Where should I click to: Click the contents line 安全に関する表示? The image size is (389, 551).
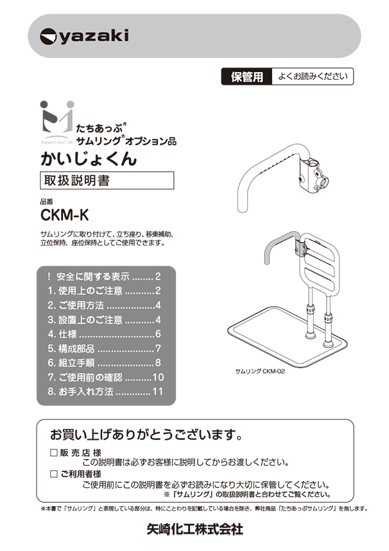pos(94,276)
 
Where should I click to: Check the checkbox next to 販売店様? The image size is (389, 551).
pos(54,453)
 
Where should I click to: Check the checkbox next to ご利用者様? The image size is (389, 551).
pos(54,474)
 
